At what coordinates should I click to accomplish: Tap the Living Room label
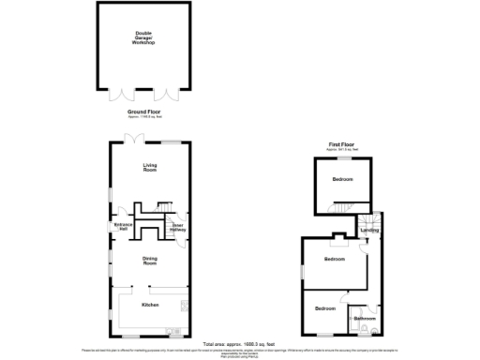pyautogui.click(x=149, y=168)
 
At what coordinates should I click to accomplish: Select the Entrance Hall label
pyautogui.click(x=122, y=225)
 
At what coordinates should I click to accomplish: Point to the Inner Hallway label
pyautogui.click(x=175, y=226)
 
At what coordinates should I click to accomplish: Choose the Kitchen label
pyautogui.click(x=149, y=306)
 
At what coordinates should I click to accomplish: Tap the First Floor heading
pyautogui.click(x=341, y=143)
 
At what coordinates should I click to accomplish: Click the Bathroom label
pyautogui.click(x=365, y=319)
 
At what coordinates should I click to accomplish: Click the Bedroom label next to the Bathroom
pyautogui.click(x=324, y=308)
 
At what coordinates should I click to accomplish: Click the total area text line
pyautogui.click(x=240, y=344)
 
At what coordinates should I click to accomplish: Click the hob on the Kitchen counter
pyautogui.click(x=172, y=330)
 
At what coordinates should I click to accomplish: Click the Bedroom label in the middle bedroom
pyautogui.click(x=335, y=259)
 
